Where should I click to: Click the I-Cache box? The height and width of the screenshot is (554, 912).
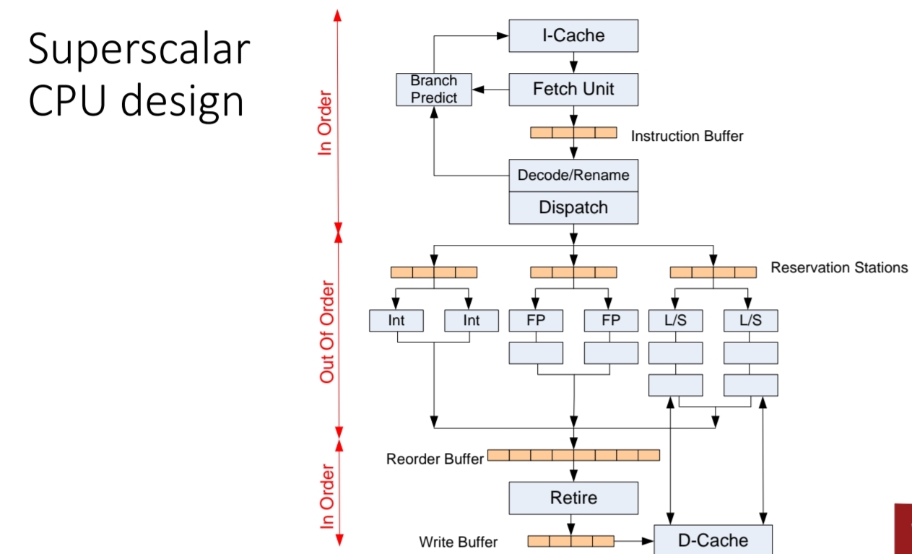[573, 35]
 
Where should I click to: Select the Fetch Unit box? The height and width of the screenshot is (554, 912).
[573, 89]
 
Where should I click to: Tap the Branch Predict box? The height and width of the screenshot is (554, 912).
[434, 89]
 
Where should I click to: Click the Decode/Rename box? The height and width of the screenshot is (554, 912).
[573, 175]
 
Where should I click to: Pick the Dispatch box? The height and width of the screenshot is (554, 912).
[573, 207]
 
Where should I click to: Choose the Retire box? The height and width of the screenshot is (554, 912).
[573, 498]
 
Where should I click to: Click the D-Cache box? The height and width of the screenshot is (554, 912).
[713, 540]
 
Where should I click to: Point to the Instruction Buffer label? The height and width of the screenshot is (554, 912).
[687, 136]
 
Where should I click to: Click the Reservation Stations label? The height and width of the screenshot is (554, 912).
[839, 268]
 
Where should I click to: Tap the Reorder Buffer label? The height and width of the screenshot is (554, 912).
[435, 459]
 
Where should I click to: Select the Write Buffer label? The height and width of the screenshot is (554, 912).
[458, 541]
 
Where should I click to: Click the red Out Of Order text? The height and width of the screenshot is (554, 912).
[328, 332]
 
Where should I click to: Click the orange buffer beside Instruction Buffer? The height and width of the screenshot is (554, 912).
[573, 133]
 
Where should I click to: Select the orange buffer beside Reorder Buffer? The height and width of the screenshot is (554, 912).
[573, 455]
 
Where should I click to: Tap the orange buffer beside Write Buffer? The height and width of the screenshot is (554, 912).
[570, 540]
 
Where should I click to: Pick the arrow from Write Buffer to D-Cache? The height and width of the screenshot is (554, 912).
[633, 540]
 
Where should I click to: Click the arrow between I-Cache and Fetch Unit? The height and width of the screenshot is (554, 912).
[573, 63]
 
